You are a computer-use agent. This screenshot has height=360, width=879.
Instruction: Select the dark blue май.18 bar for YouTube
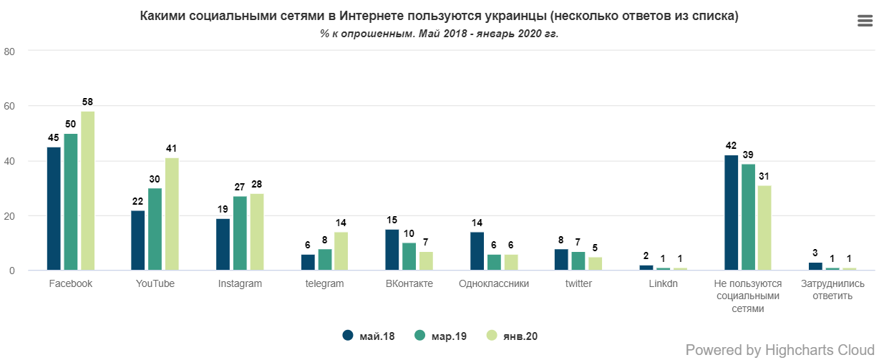138,240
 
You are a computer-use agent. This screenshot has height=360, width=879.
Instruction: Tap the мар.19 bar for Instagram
240,233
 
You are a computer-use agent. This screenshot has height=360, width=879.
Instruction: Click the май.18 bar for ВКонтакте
392,250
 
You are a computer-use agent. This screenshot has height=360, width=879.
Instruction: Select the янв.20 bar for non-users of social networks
764,228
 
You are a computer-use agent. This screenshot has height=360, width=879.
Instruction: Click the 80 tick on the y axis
10,51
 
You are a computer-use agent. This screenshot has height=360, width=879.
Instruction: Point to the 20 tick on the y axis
10,216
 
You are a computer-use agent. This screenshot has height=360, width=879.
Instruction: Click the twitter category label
578,283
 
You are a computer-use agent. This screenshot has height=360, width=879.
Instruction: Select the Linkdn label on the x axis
663,283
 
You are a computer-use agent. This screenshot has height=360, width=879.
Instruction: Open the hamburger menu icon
865,21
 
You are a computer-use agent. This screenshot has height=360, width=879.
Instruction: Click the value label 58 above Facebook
87,102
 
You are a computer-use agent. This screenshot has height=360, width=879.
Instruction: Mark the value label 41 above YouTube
172,149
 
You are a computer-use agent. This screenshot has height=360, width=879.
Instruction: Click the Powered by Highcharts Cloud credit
780,350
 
